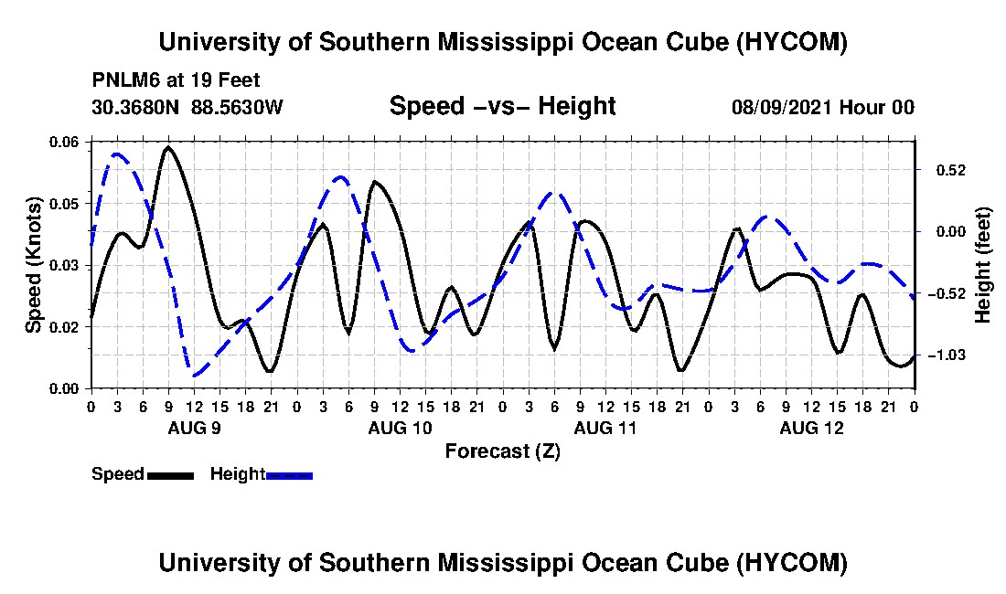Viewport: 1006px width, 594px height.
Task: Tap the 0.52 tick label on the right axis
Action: pyautogui.click(x=951, y=171)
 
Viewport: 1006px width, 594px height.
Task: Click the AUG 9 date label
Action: pyautogui.click(x=195, y=428)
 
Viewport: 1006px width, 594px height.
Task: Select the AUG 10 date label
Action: pyautogui.click(x=401, y=428)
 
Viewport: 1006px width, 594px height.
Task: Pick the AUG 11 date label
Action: pyautogui.click(x=605, y=428)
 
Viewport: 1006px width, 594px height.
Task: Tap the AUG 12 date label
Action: pyautogui.click(x=811, y=428)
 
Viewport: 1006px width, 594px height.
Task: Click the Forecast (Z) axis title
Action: pyautogui.click(x=503, y=451)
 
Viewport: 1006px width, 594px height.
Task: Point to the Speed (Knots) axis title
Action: pyautogui.click(x=33, y=265)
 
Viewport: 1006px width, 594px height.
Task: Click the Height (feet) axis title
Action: pyautogui.click(x=983, y=265)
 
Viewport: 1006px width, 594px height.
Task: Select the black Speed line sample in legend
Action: pyautogui.click(x=170, y=475)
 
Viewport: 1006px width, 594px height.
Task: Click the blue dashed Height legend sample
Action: pyautogui.click(x=289, y=475)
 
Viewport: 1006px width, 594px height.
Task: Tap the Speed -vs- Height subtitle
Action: pyautogui.click(x=503, y=106)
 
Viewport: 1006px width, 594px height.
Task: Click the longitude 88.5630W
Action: pyautogui.click(x=237, y=107)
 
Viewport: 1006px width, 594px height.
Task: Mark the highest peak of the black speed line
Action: pyautogui.click(x=169, y=147)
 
